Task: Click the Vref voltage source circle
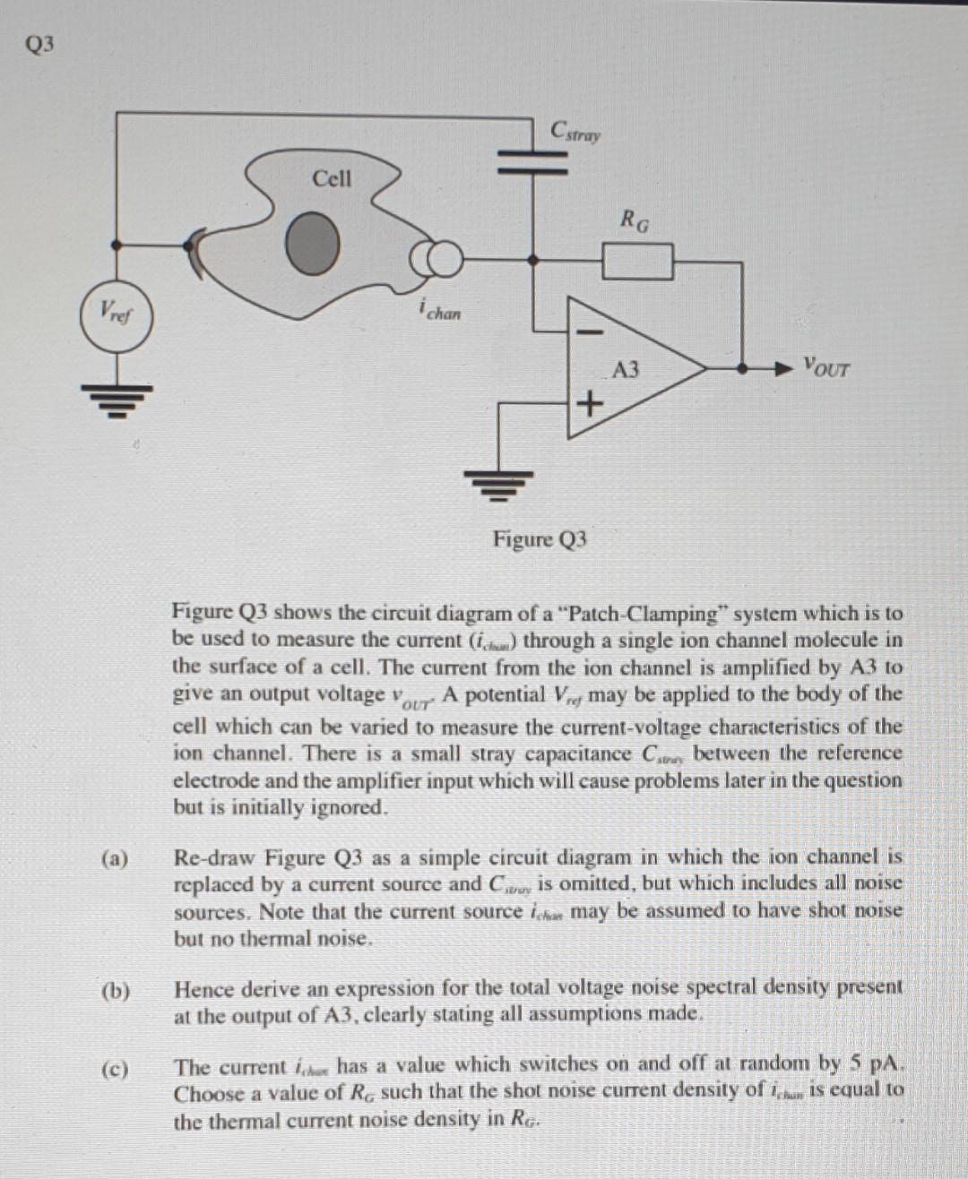click(x=116, y=314)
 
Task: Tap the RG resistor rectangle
click(x=636, y=262)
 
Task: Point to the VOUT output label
click(x=825, y=367)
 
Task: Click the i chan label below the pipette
click(x=439, y=310)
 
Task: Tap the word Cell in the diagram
click(x=332, y=178)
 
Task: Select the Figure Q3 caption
click(x=540, y=539)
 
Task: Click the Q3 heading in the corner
click(x=41, y=44)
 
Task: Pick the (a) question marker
click(x=115, y=859)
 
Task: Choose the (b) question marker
click(x=115, y=991)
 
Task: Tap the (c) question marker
click(x=115, y=1069)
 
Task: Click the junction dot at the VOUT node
click(x=741, y=367)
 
